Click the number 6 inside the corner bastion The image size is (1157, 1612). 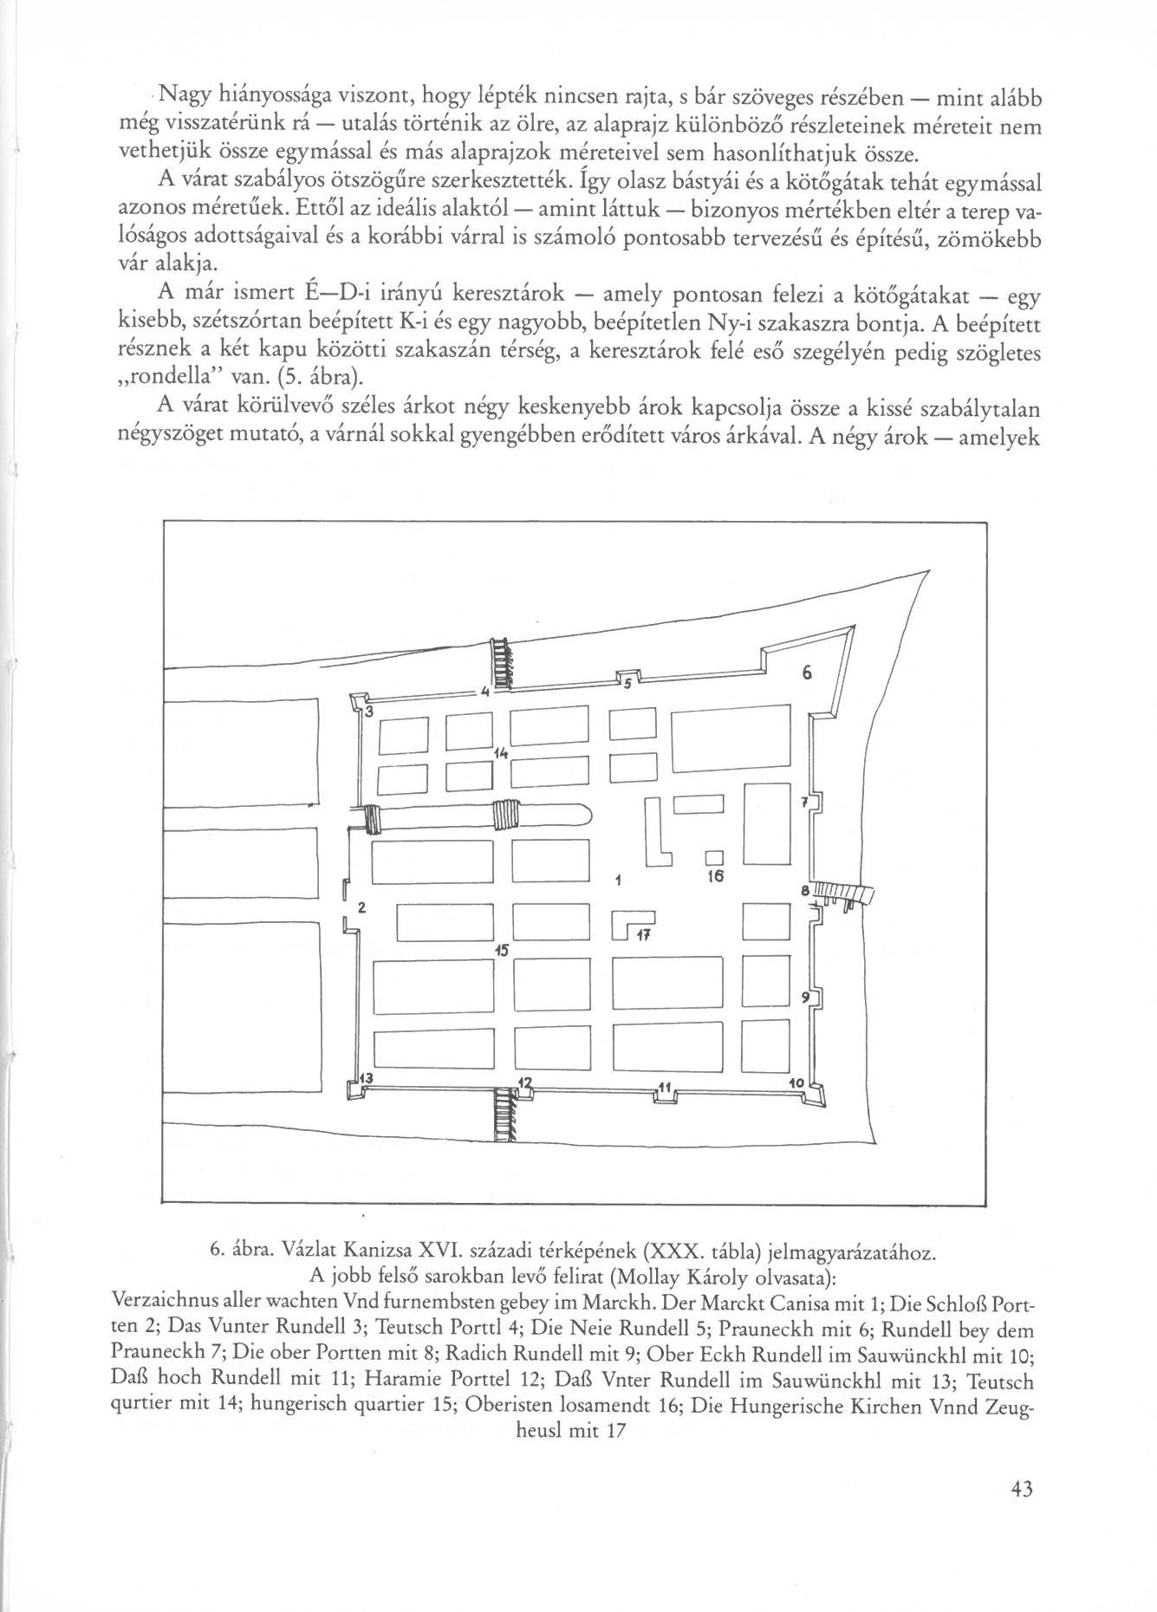coord(805,673)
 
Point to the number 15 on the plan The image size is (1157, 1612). coord(500,949)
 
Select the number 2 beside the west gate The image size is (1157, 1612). coord(361,908)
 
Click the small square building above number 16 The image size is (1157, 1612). coord(713,858)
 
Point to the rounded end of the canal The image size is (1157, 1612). coord(585,816)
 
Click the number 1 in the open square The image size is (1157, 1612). coord(616,881)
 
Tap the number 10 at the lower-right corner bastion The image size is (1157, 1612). coord(797,1084)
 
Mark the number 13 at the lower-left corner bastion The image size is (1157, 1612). coord(366,1077)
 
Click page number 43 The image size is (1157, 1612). coord(1021,1490)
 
